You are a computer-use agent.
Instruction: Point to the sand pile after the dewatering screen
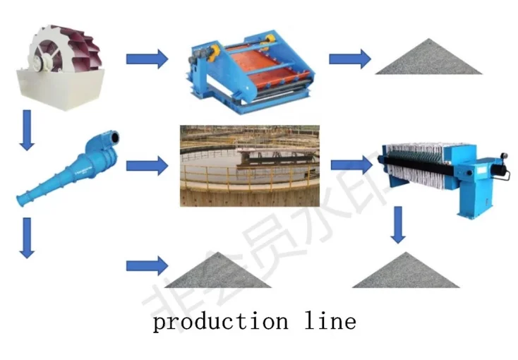pyautogui.click(x=428, y=61)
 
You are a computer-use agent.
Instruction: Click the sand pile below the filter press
pyautogui.click(x=406, y=272)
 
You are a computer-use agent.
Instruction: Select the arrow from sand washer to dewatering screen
pyautogui.click(x=147, y=59)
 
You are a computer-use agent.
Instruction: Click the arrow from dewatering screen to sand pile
pyautogui.click(x=350, y=59)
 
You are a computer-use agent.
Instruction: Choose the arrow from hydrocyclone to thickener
pyautogui.click(x=147, y=167)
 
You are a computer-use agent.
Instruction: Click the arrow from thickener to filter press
pyautogui.click(x=351, y=166)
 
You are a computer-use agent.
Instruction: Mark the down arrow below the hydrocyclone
pyautogui.click(x=28, y=237)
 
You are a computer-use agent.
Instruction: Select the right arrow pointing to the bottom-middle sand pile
pyautogui.click(x=147, y=266)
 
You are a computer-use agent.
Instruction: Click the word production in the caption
pyautogui.click(x=221, y=322)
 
